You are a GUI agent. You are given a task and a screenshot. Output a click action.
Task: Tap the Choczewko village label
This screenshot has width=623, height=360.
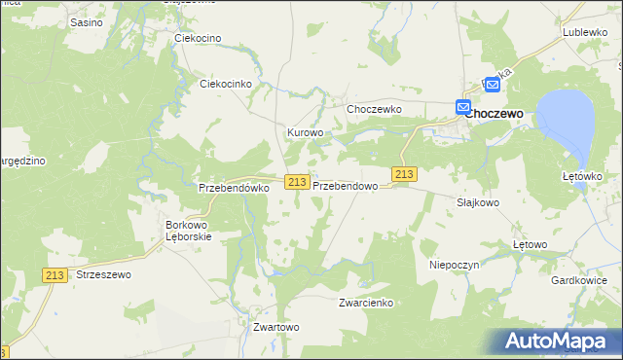[x=375, y=109]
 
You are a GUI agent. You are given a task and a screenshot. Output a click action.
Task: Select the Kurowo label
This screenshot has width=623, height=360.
[x=304, y=132]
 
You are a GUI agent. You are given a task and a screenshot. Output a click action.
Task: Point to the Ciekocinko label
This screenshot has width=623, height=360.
[x=226, y=84]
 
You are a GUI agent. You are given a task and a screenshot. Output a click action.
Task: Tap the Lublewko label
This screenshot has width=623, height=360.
[x=585, y=32]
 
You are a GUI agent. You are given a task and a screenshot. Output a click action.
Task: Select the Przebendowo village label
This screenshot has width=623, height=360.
[x=345, y=184]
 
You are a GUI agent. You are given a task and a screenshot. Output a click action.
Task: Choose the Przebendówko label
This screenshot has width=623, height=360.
[x=233, y=188]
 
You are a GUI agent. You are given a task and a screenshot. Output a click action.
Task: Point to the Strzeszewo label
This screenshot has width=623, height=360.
[x=101, y=275]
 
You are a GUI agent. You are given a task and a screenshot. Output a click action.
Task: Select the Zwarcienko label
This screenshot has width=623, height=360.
[x=365, y=303]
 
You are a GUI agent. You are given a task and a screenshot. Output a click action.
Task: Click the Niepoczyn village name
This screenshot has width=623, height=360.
[x=450, y=264]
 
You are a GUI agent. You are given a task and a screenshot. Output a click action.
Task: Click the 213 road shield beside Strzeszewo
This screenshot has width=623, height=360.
[x=55, y=275]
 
